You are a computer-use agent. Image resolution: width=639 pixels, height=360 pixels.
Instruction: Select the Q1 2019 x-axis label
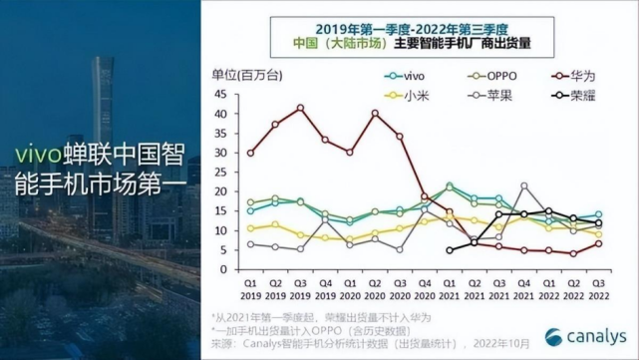click(250, 289)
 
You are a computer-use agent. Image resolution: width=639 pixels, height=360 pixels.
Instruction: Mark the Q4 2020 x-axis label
click(425, 289)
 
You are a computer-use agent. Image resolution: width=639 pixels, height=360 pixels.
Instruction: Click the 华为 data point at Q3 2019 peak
click(300, 108)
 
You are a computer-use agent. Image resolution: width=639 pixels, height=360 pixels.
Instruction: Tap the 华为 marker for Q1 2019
click(250, 153)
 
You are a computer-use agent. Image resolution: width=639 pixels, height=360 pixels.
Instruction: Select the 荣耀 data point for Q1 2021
click(450, 250)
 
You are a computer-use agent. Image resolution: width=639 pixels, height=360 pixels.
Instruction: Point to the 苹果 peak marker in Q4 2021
click(524, 186)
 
